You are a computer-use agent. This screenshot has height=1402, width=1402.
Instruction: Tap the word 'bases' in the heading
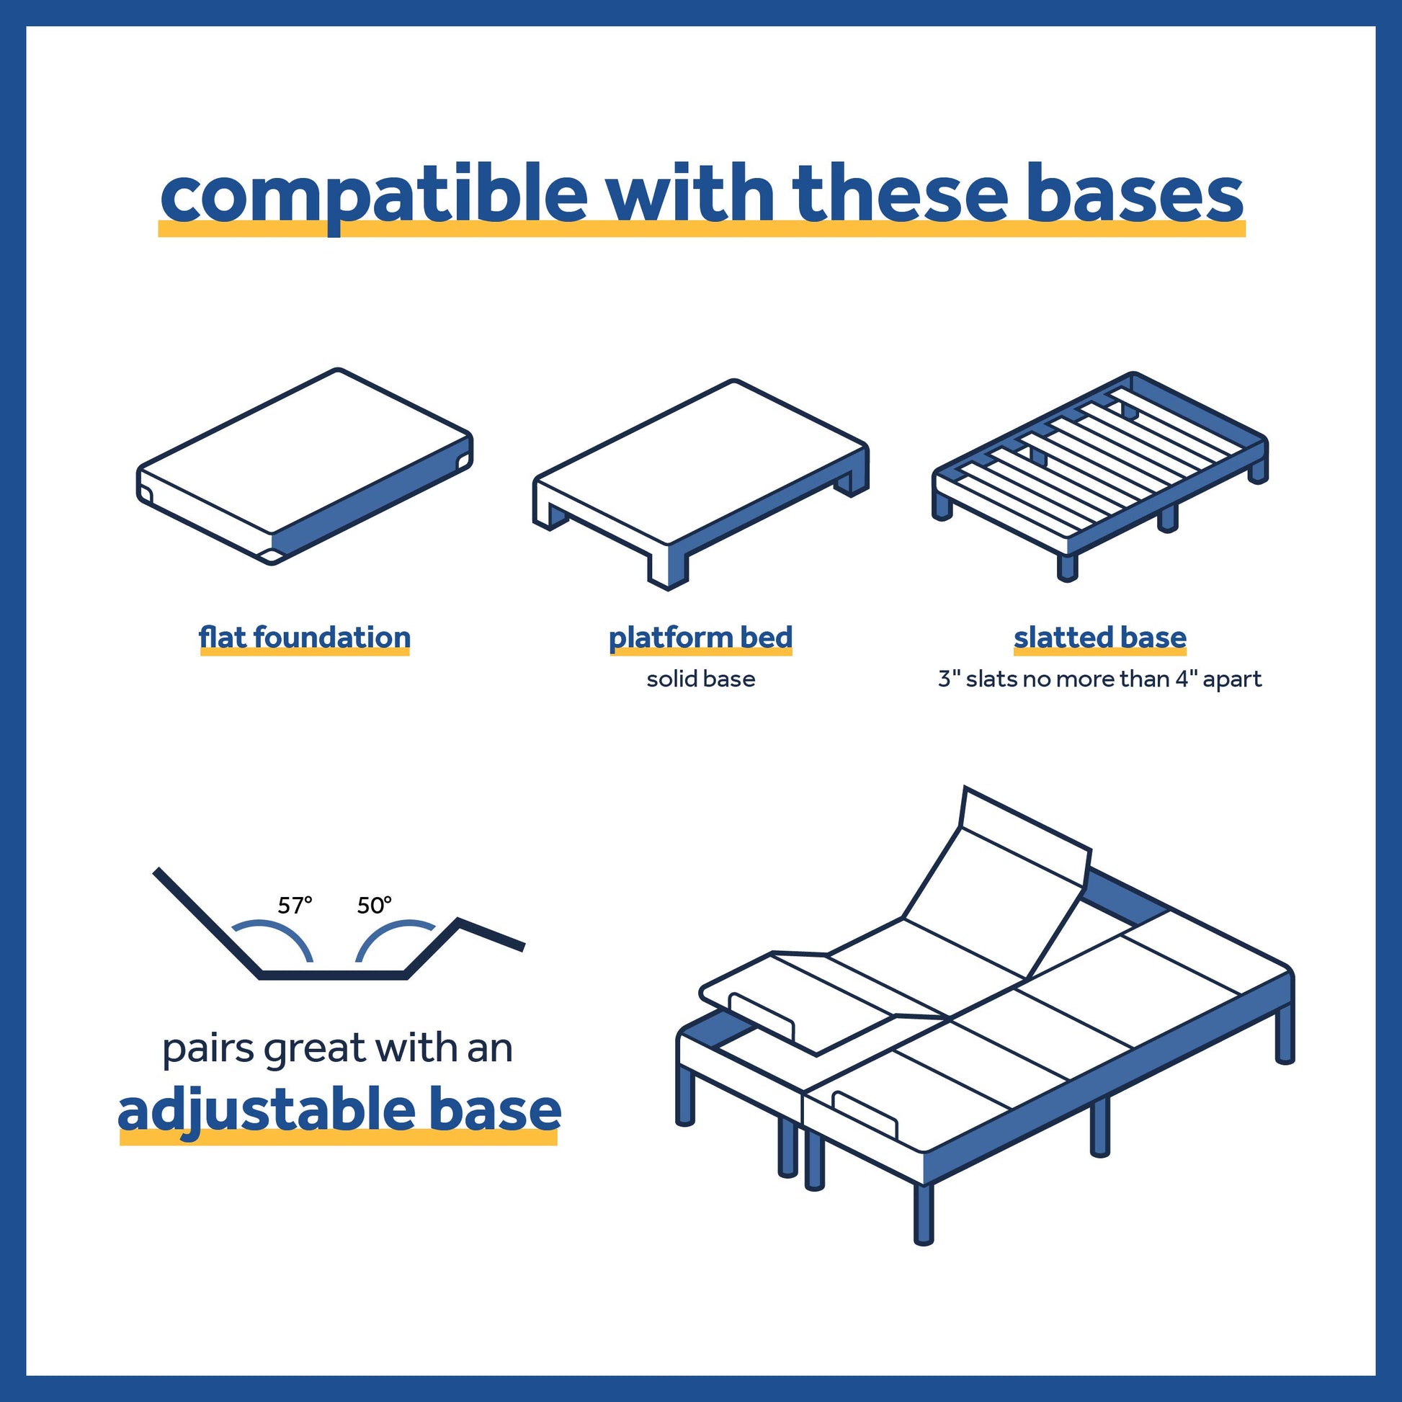click(x=1134, y=192)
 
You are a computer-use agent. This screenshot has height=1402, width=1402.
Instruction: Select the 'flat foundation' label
click(x=305, y=638)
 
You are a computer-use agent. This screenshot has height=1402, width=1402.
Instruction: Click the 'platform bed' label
click(x=700, y=638)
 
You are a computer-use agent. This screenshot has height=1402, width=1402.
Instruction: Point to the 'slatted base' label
click(x=1100, y=638)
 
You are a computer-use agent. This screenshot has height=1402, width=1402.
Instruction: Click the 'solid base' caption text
click(x=701, y=679)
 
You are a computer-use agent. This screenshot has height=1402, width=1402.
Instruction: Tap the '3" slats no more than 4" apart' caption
click(x=1100, y=679)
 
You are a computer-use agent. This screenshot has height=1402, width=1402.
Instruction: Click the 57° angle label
click(x=295, y=905)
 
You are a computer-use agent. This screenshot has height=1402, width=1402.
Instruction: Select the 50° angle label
click(x=375, y=905)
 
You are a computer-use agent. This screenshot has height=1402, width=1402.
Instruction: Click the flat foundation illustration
click(x=305, y=467)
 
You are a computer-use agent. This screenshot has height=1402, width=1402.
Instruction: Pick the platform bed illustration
click(x=701, y=483)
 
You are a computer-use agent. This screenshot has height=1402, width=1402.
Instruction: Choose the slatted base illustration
click(x=1100, y=476)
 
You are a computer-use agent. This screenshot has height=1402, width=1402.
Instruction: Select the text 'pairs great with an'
click(x=337, y=1048)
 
